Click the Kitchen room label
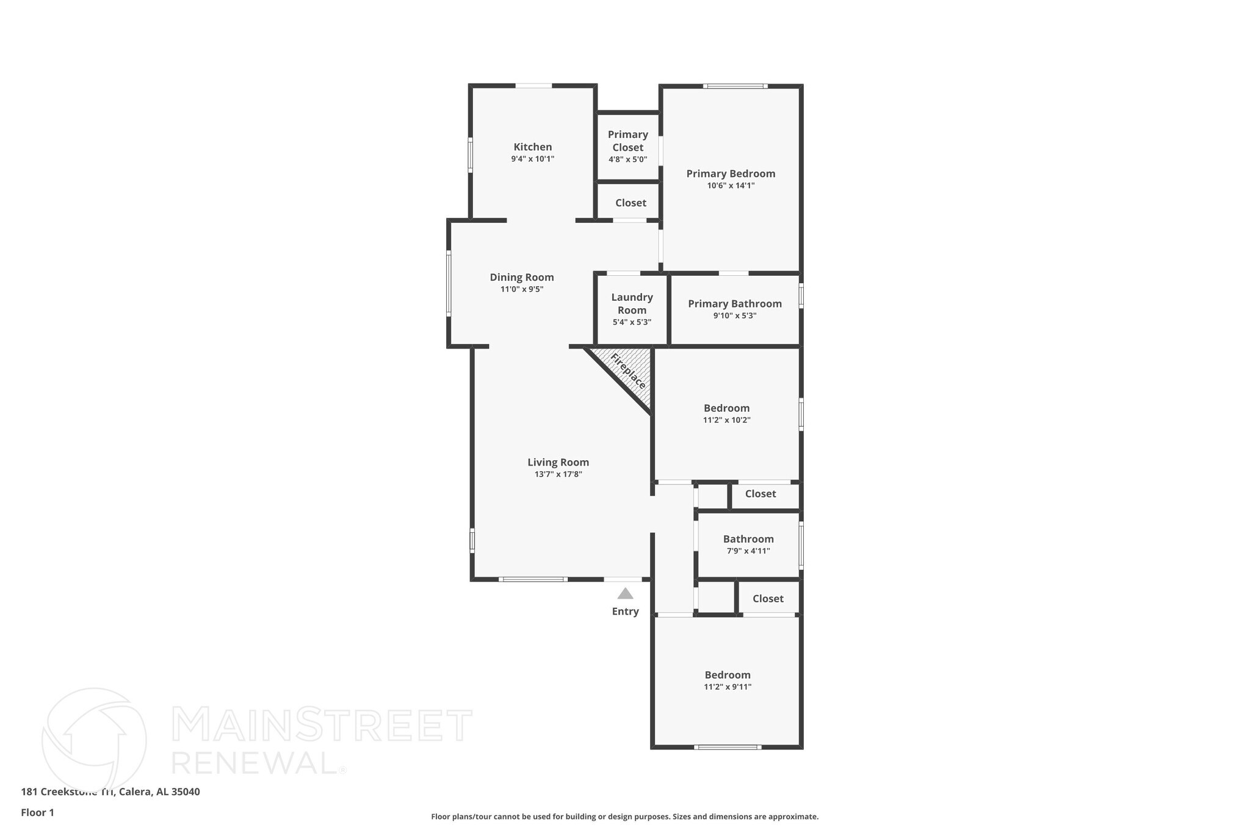[x=532, y=147]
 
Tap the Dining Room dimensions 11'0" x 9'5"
[x=521, y=289]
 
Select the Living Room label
[x=558, y=463]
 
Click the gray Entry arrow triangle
[x=625, y=593]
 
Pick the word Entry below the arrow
[x=625, y=611]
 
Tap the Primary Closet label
[x=627, y=141]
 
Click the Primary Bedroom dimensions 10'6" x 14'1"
[x=731, y=186]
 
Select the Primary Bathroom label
[x=734, y=304]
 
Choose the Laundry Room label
[x=632, y=303]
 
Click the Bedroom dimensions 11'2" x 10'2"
[x=726, y=420]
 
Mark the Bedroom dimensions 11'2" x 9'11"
[x=727, y=687]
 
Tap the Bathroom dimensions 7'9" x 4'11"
[x=748, y=551]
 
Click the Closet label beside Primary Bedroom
[x=630, y=203]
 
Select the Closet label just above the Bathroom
[x=760, y=494]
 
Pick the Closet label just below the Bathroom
[x=767, y=599]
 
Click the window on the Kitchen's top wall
[x=533, y=86]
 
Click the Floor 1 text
[x=37, y=812]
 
